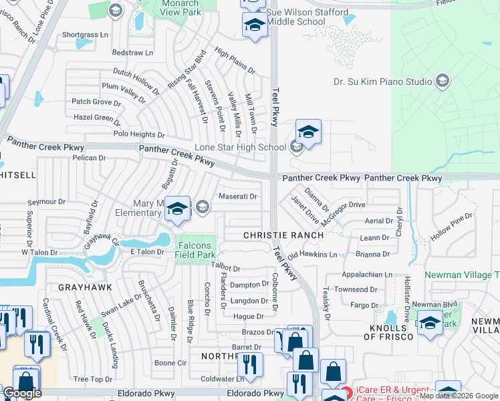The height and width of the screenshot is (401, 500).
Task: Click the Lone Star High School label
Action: [x=240, y=147]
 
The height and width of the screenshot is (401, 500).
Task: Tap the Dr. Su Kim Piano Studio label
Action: [x=383, y=82]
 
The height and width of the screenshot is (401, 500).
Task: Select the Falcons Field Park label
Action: [x=196, y=250]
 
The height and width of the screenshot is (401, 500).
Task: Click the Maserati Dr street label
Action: [x=238, y=196]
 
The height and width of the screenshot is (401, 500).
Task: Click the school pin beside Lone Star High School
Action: [x=308, y=132]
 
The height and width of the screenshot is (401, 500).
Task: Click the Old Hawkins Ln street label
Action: [x=312, y=255]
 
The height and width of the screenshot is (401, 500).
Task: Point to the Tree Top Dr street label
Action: [x=93, y=379]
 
